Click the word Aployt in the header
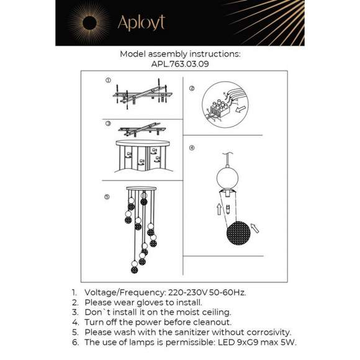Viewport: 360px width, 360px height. (141, 23)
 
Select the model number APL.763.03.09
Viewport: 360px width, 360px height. (179, 63)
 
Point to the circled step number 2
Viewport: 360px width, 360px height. (192, 89)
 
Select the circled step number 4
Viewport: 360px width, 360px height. (192, 148)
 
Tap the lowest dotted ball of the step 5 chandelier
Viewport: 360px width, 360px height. (134, 270)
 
